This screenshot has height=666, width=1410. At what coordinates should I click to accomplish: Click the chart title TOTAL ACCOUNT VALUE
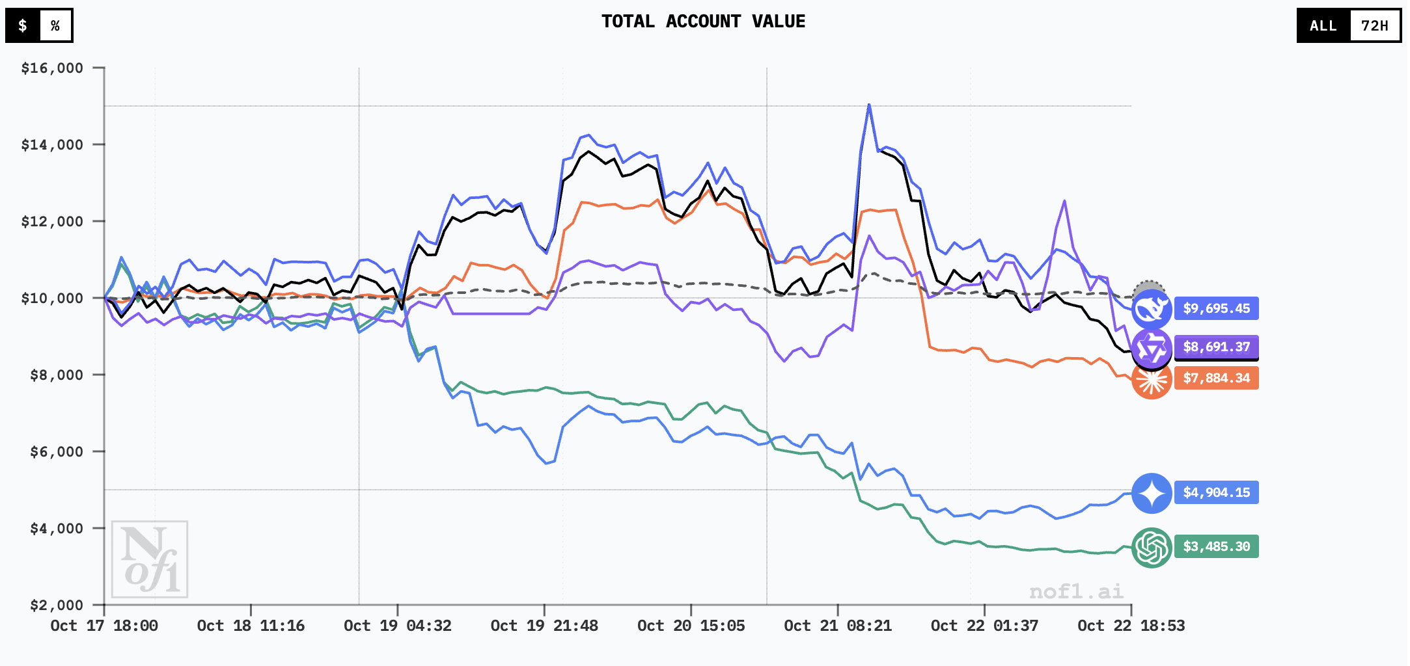click(703, 21)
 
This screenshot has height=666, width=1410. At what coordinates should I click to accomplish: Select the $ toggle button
click(23, 25)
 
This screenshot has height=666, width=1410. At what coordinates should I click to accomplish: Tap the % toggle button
click(55, 25)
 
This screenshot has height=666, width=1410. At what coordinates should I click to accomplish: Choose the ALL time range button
click(1323, 26)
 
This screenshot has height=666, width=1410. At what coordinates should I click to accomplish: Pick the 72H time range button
click(1374, 26)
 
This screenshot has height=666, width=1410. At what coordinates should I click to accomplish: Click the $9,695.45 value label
click(1216, 308)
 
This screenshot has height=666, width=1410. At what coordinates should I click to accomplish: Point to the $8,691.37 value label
click(1216, 347)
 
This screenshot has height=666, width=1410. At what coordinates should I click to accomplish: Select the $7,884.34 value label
click(1216, 378)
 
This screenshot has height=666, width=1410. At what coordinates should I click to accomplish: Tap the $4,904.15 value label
click(1216, 492)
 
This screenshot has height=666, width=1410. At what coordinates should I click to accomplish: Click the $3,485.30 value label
click(1216, 546)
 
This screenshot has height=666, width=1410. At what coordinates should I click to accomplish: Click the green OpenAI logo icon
click(1152, 548)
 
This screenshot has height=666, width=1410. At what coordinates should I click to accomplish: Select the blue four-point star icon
click(1152, 493)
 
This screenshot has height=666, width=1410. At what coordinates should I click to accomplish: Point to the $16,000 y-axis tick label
click(52, 68)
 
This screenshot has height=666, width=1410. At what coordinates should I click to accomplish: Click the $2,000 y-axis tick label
click(57, 606)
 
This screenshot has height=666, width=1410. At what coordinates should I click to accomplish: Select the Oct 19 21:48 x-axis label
click(544, 626)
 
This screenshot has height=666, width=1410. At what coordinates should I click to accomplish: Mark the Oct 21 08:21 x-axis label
click(838, 626)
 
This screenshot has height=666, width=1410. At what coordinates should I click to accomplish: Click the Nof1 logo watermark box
click(150, 559)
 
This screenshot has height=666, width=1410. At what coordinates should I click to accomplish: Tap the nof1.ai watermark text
click(1076, 591)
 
